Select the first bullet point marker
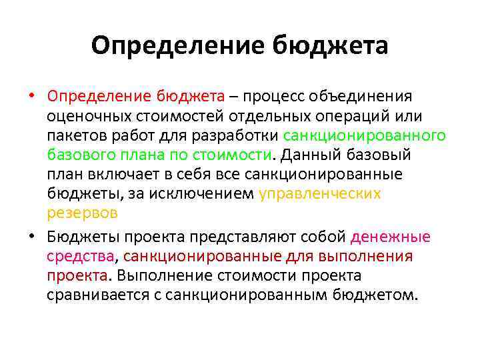pyautogui.click(x=31, y=97)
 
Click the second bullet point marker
pyautogui.click(x=31, y=237)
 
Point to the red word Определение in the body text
pyautogui.click(x=99, y=97)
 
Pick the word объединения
pyautogui.click(x=356, y=97)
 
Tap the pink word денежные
pyautogui.click(x=391, y=237)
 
